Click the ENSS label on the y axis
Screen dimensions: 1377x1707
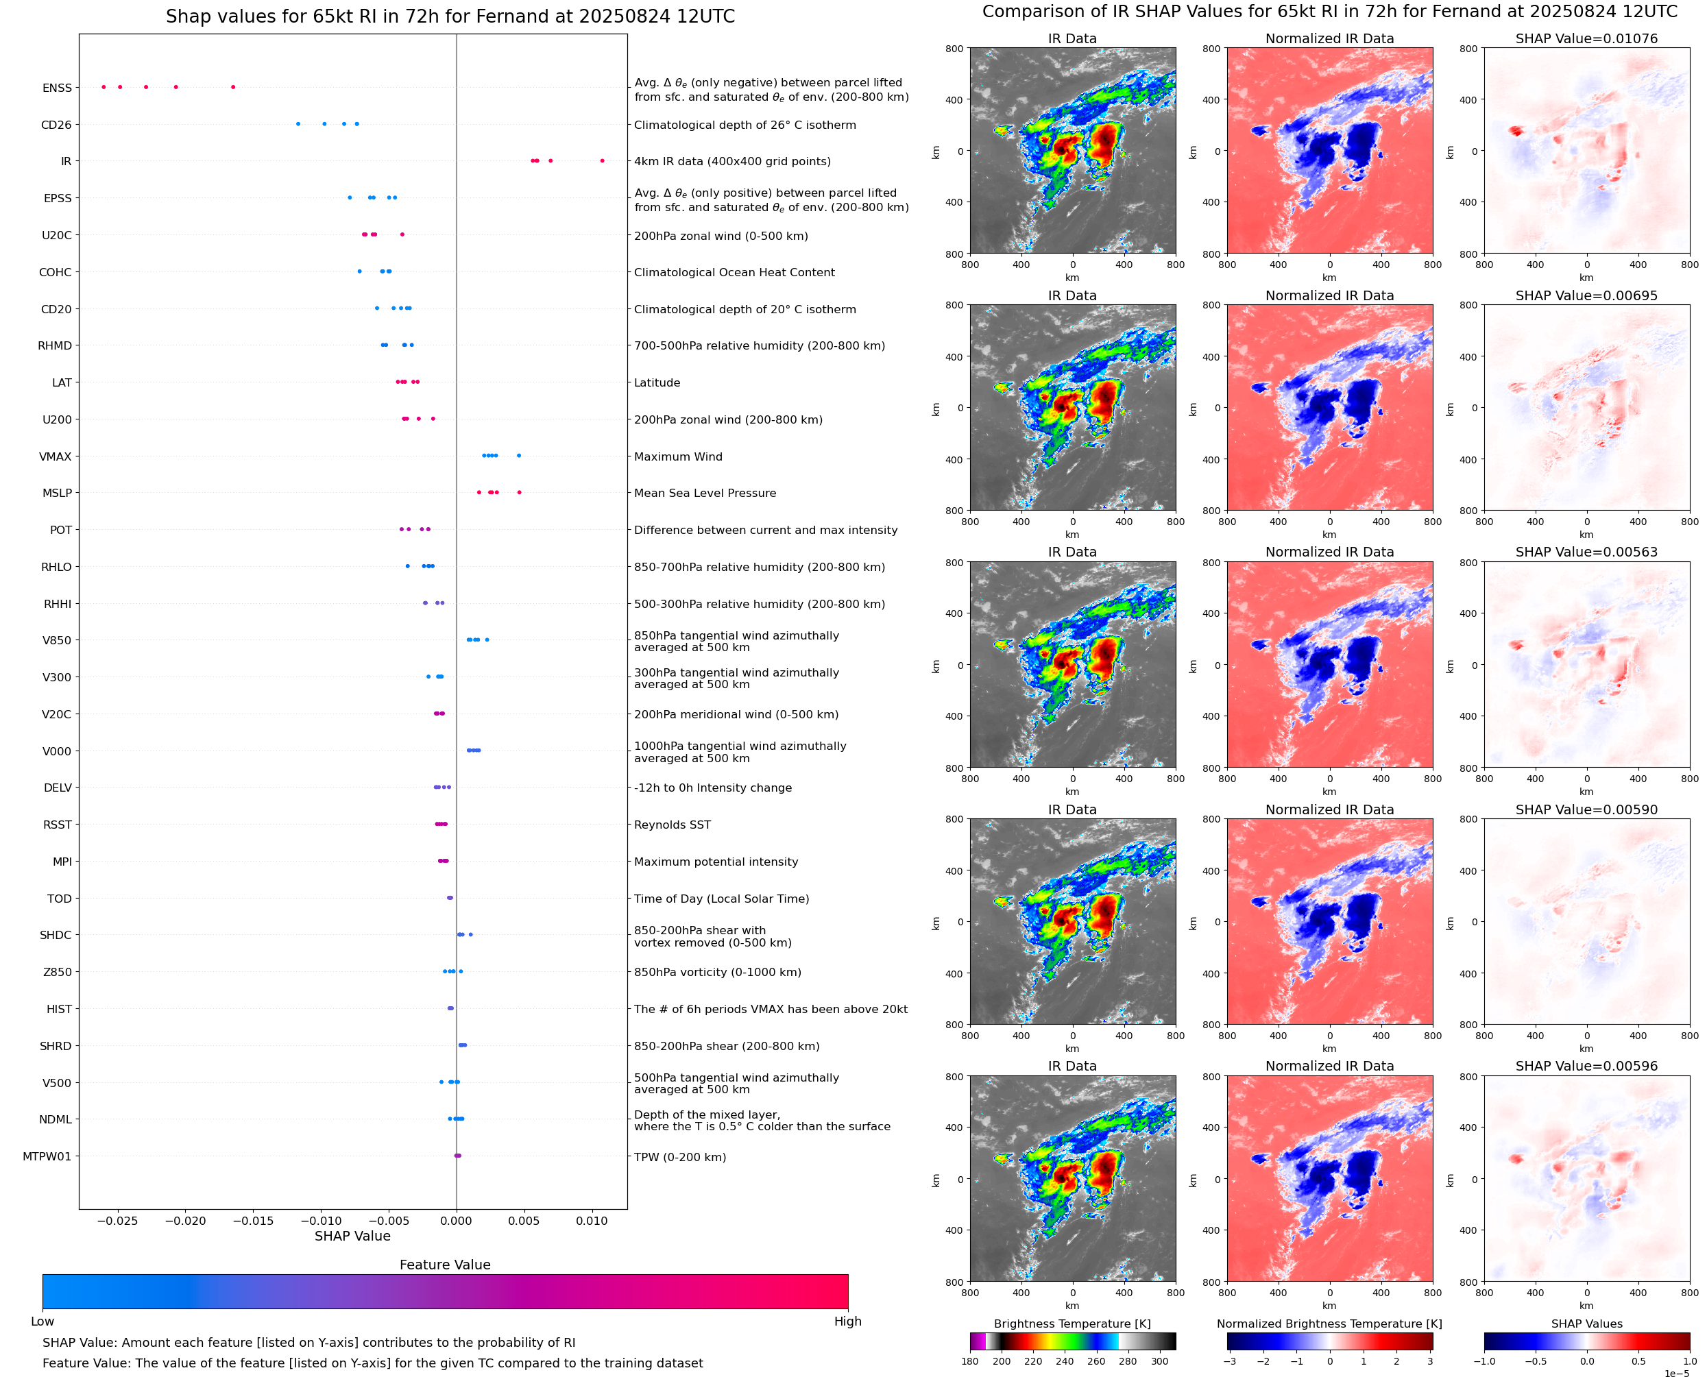pyautogui.click(x=57, y=88)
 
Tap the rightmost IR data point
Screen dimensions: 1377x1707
pyautogui.click(x=602, y=161)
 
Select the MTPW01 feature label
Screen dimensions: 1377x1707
pyautogui.click(x=47, y=1156)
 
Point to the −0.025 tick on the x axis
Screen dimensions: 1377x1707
pyautogui.click(x=118, y=1221)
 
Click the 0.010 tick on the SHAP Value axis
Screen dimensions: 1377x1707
pyautogui.click(x=592, y=1221)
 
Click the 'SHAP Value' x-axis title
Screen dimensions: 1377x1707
pyautogui.click(x=352, y=1236)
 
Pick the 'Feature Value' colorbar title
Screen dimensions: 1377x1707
pyautogui.click(x=445, y=1265)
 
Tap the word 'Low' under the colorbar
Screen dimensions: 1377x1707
pyautogui.click(x=42, y=1321)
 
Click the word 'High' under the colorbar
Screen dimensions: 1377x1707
pyautogui.click(x=847, y=1321)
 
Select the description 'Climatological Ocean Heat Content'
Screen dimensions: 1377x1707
pyautogui.click(x=734, y=272)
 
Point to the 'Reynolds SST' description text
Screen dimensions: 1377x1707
pyautogui.click(x=672, y=825)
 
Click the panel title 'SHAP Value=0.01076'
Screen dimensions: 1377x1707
pyautogui.click(x=1586, y=38)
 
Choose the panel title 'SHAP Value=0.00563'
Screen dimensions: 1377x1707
pyautogui.click(x=1586, y=552)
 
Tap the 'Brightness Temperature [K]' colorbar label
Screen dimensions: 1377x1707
pyautogui.click(x=1072, y=1324)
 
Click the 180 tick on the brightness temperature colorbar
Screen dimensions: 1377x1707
pyautogui.click(x=970, y=1361)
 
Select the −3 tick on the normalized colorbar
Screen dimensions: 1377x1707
pyautogui.click(x=1228, y=1361)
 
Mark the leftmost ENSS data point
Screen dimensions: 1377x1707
pyautogui.click(x=104, y=87)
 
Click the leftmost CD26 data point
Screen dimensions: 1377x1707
pyautogui.click(x=298, y=124)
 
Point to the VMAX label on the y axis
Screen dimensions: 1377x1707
pyautogui.click(x=56, y=457)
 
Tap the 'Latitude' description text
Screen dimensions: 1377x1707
pyautogui.click(x=657, y=382)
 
